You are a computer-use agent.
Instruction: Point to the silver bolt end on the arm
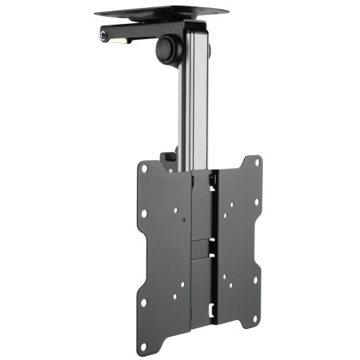click(103, 35)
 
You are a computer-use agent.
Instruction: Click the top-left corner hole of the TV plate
click(143, 168)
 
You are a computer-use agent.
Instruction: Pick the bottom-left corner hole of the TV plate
click(143, 303)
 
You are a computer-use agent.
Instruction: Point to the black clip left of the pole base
click(169, 161)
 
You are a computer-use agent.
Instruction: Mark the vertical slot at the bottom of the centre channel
click(210, 306)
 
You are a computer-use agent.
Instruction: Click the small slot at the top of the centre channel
click(211, 182)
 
